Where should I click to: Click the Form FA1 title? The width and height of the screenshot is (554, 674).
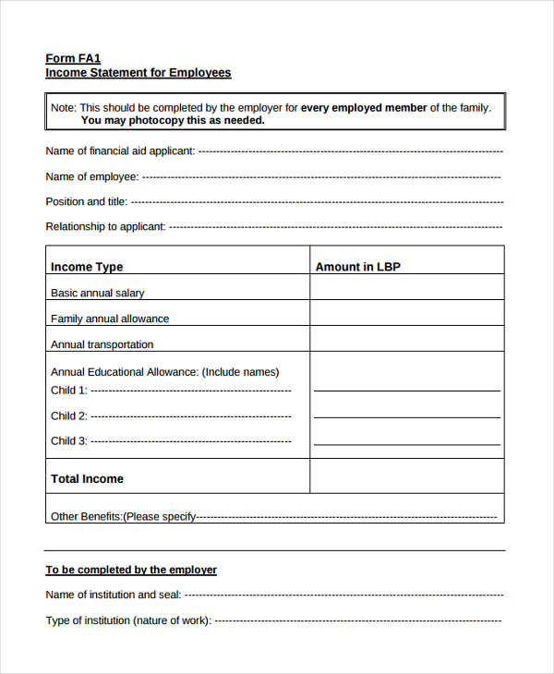pos(73,58)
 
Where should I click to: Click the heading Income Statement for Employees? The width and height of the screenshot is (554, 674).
pos(138,73)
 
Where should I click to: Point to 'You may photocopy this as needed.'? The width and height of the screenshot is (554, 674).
pos(173,120)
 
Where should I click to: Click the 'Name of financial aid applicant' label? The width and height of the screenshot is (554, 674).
pos(120,150)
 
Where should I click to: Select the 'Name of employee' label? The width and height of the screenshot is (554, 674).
pos(92,176)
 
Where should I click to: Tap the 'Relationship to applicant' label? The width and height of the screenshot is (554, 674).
pos(106,226)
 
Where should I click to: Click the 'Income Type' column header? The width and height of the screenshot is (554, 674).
pos(87,267)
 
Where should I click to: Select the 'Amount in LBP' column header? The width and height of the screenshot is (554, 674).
pos(358,267)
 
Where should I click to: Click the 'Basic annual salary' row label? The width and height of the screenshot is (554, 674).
pos(98,293)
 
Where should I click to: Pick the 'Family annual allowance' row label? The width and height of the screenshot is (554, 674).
pos(110,319)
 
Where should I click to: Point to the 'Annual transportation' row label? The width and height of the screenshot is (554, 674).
pos(102,344)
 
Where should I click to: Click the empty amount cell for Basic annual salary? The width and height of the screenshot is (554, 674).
pos(406,288)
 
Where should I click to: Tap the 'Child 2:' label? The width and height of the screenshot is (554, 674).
pos(69,415)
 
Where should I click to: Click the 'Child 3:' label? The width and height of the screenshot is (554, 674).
pos(69,440)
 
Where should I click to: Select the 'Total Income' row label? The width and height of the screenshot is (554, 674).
pos(87,479)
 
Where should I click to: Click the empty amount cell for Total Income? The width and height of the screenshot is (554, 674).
pos(406,476)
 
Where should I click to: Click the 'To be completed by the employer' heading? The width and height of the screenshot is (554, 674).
pos(131,570)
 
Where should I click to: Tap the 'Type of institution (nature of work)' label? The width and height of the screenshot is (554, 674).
pos(128,620)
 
